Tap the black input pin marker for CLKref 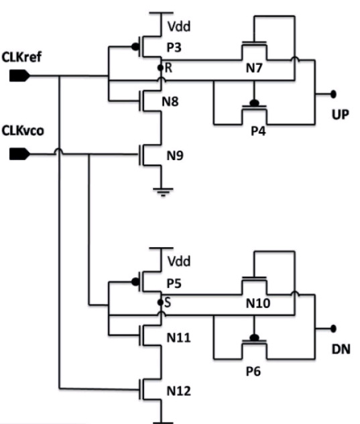(19, 75)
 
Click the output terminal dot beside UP (333, 93)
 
